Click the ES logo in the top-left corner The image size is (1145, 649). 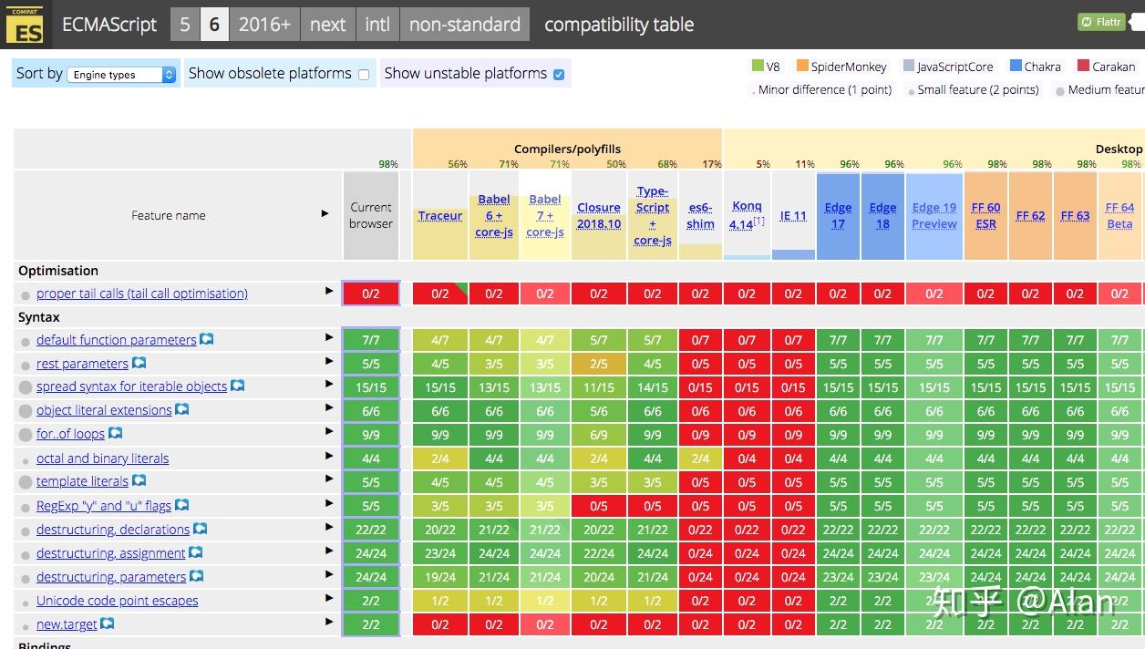24,25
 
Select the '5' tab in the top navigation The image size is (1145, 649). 185,25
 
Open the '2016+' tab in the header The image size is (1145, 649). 264,25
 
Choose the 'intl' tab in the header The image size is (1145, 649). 377,25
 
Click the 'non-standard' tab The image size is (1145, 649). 464,25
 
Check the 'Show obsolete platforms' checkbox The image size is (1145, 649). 364,75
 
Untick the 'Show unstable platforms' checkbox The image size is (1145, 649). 559,75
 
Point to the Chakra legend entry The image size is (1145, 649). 1041,67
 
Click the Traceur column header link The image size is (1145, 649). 440,216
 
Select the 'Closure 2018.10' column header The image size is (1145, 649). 599,216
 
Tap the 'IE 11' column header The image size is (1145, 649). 793,216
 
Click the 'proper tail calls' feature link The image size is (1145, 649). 142,294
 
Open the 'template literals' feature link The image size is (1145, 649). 82,481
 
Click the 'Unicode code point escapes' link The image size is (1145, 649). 117,601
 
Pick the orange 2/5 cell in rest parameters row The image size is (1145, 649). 599,364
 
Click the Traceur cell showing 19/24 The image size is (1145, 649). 440,577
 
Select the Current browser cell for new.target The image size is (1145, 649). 371,624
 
